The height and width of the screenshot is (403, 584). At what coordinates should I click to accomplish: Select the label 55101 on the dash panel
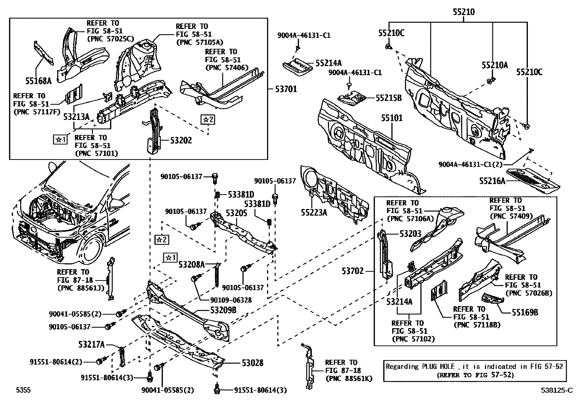point(391,118)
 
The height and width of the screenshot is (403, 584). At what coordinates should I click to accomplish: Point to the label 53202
point(181,140)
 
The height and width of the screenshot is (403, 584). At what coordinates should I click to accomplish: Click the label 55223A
point(314,212)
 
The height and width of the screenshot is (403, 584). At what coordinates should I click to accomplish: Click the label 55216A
point(492,181)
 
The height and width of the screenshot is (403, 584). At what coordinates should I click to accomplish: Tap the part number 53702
point(353,271)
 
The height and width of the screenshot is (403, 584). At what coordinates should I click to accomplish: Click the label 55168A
point(39,80)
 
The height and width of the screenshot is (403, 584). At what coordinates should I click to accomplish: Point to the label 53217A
point(91,344)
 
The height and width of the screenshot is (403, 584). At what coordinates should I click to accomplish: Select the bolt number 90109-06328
point(233,300)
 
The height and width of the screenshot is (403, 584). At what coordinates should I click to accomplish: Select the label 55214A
point(328,63)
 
